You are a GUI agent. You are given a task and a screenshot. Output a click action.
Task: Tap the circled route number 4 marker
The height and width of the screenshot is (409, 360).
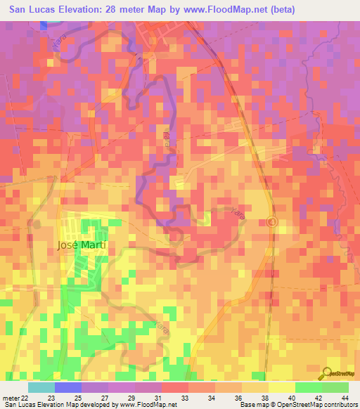pos(272,222)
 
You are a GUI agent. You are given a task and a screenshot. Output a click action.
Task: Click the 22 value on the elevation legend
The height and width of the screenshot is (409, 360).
pos(27,398)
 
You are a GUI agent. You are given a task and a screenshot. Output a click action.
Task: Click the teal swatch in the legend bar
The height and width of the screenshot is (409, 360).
pos(41,387)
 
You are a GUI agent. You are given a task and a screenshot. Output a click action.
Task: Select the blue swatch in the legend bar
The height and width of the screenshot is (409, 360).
pos(68,387)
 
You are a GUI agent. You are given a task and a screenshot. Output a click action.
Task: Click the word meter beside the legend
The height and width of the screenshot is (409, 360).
pos(11,398)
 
